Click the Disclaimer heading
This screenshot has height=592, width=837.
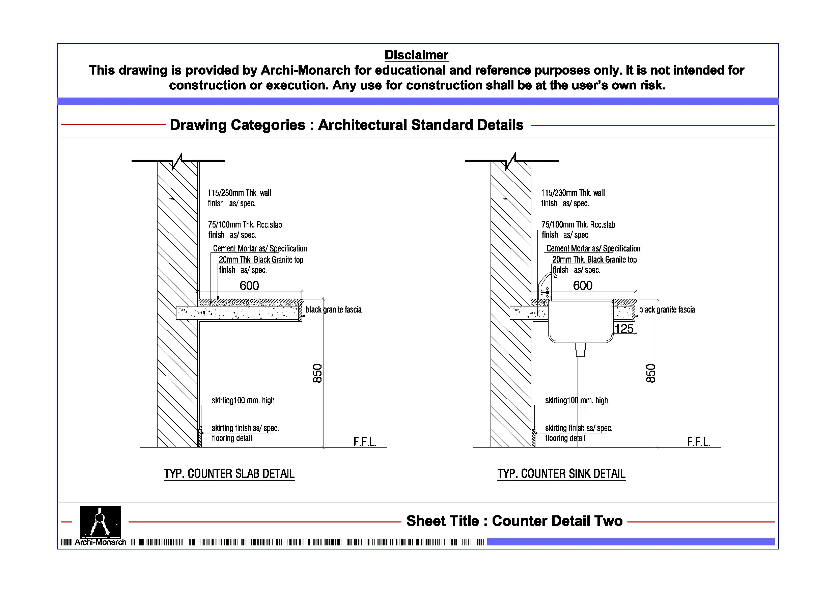[416, 55]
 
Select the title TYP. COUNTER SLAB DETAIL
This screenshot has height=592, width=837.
[229, 474]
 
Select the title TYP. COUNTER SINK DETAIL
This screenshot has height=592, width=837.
[561, 474]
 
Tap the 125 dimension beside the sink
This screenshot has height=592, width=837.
[624, 329]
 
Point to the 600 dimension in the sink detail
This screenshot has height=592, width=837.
[583, 286]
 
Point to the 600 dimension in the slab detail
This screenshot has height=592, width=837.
[249, 286]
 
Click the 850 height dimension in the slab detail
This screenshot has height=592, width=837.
[317, 373]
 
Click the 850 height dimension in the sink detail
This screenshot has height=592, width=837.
[651, 373]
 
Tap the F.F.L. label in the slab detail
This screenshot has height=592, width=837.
[365, 442]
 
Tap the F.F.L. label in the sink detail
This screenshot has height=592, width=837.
[698, 442]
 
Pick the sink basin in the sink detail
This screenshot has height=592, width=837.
[580, 321]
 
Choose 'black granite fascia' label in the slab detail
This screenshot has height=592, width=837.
[333, 310]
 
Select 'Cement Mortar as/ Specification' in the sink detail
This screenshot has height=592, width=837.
[593, 249]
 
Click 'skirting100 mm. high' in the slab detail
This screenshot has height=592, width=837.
[243, 401]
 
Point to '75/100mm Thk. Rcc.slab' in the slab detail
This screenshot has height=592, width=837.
[245, 225]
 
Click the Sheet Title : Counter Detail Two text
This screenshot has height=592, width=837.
[514, 521]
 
